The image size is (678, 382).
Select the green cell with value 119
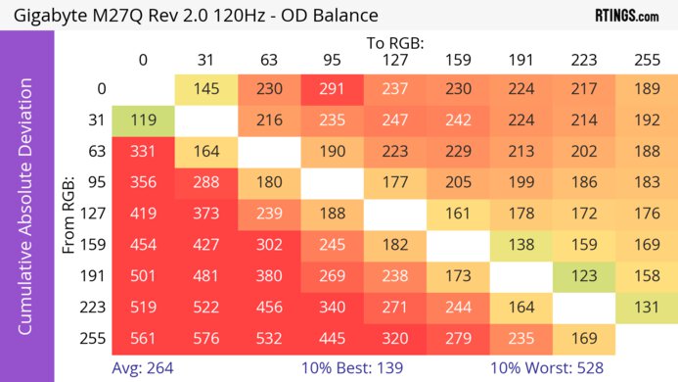pos(143,122)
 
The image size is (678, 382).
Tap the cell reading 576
pos(205,339)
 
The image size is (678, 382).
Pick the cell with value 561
pos(143,339)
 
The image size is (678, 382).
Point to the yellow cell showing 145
pos(205,88)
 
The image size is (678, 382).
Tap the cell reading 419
pos(143,213)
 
